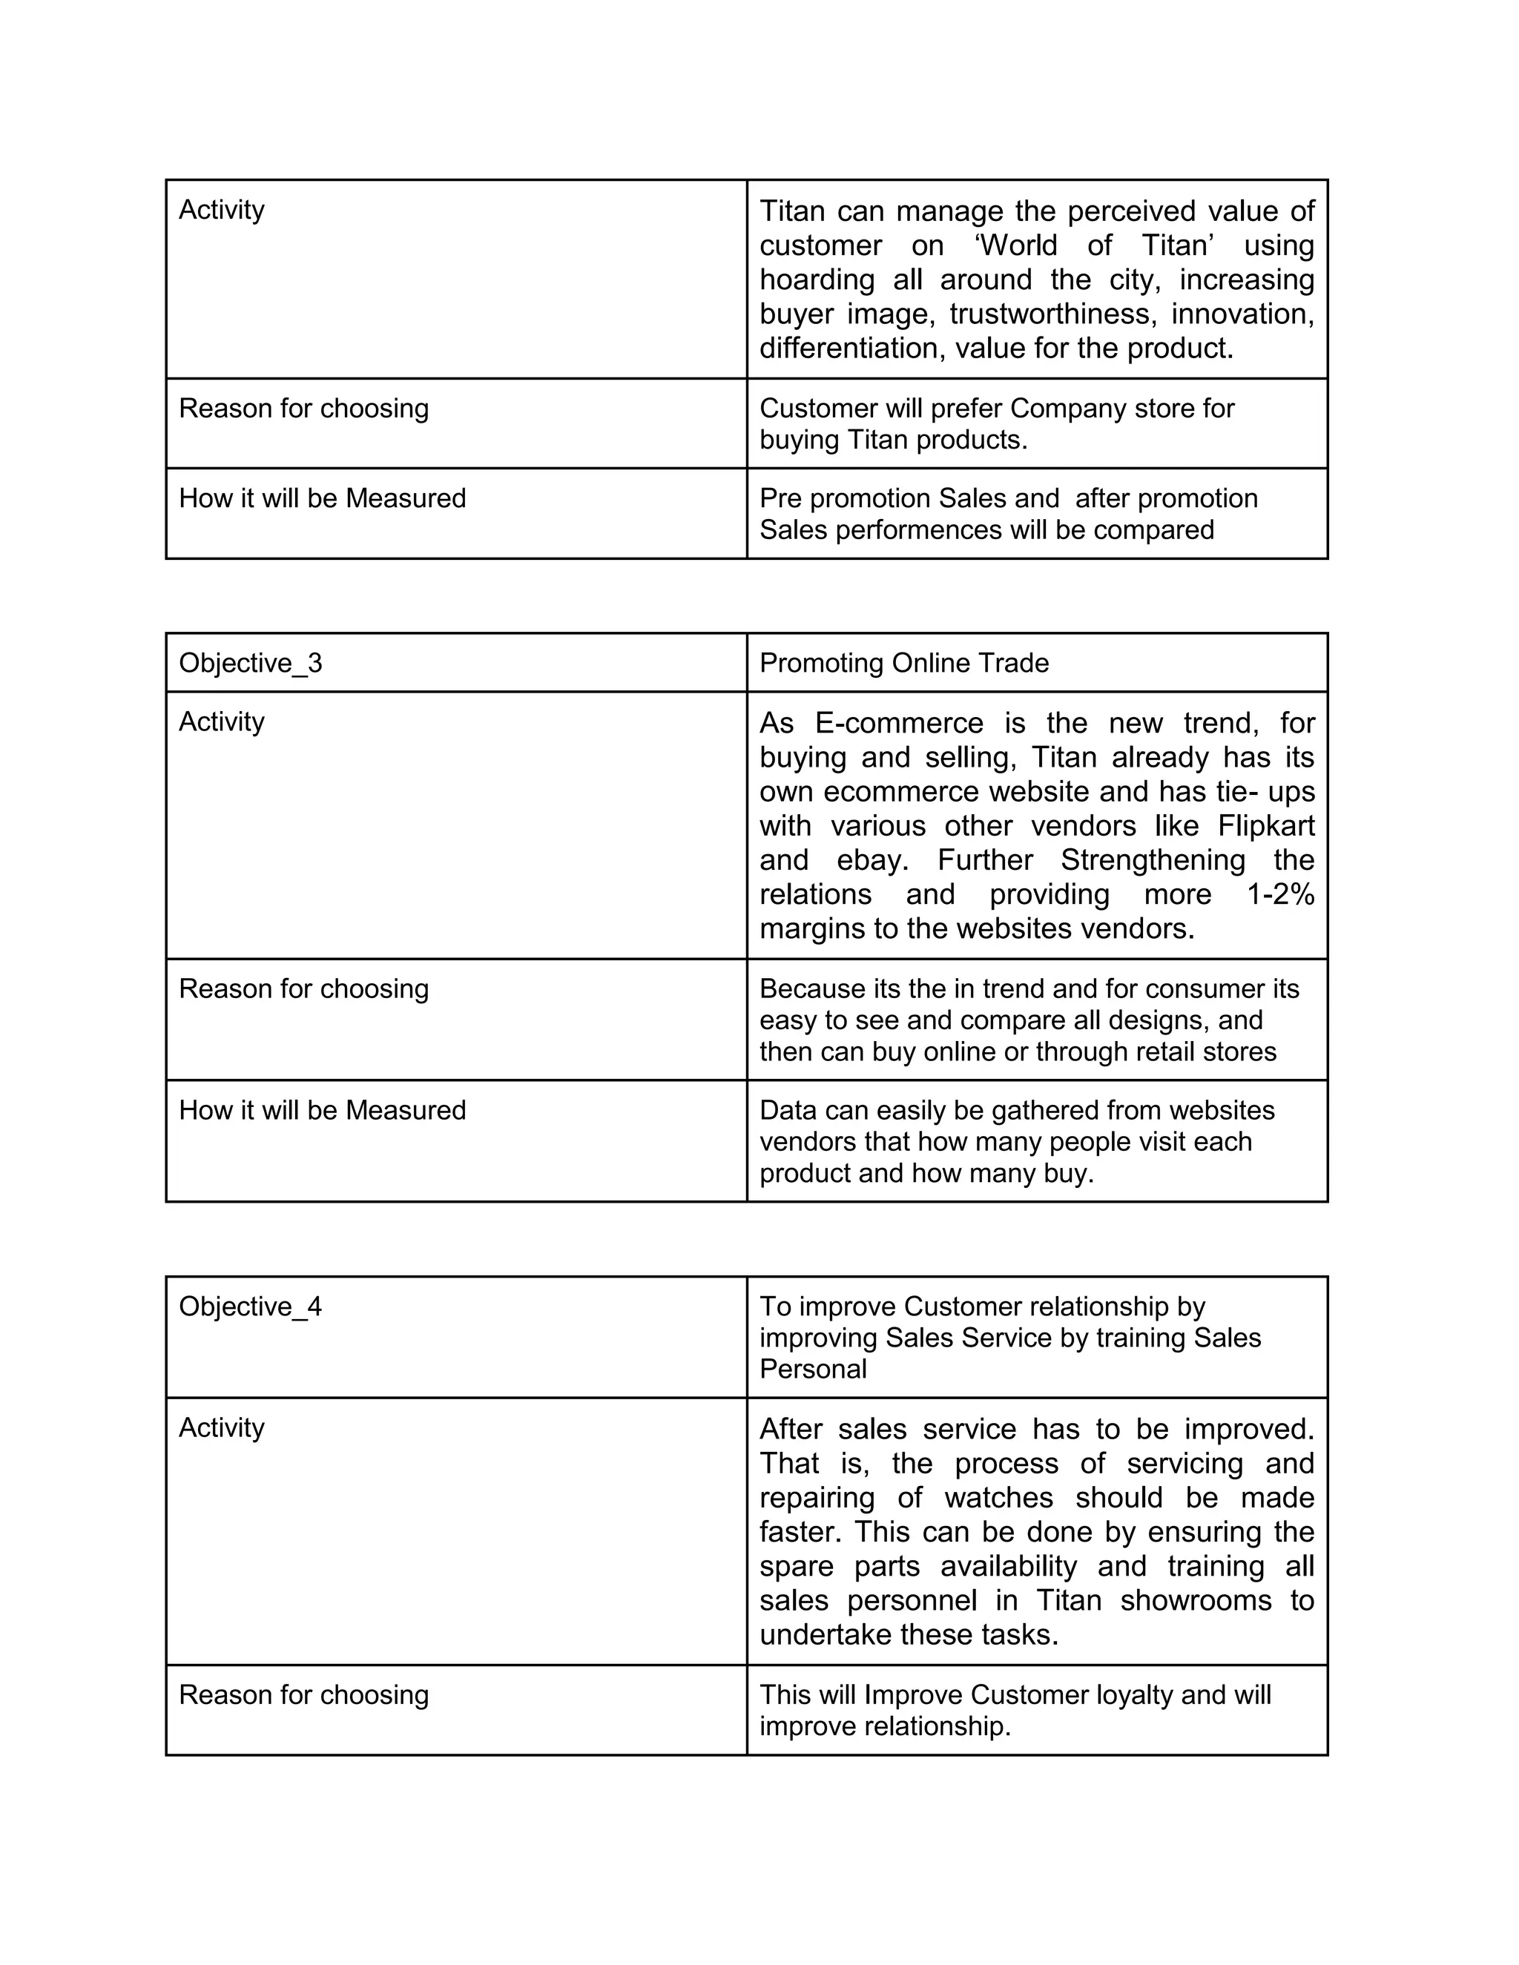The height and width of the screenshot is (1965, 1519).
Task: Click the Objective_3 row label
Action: [250, 663]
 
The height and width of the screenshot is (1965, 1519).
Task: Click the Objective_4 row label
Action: [250, 1307]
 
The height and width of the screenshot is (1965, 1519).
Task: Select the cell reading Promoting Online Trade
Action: [903, 663]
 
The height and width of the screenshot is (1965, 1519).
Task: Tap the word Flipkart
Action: [1266, 826]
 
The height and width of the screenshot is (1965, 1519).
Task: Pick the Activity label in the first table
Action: [221, 210]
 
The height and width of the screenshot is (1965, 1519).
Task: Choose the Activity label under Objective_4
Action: [221, 1428]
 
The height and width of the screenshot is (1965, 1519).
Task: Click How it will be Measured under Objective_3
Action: [322, 1110]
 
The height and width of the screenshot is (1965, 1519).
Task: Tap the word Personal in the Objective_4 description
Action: [813, 1370]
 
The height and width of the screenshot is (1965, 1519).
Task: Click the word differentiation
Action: [851, 349]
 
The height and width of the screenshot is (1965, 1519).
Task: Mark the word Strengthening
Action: [1153, 860]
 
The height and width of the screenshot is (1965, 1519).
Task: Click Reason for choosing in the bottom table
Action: [303, 1695]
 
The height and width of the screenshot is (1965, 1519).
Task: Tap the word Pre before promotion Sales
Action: [780, 498]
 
